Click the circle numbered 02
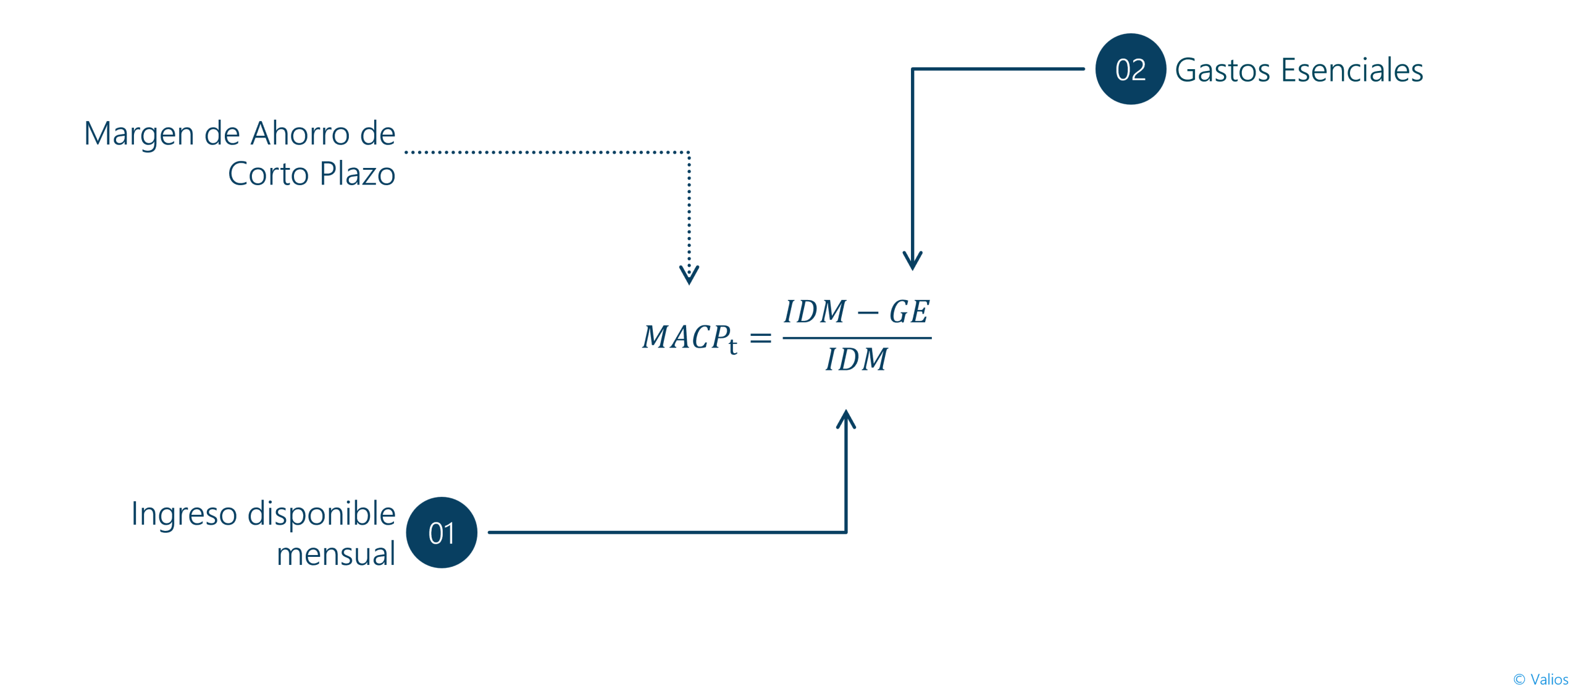point(1130,69)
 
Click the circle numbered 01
point(442,532)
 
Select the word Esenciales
point(1352,69)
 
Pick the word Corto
point(269,173)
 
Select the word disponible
point(321,514)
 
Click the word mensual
point(336,554)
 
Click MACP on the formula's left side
point(686,337)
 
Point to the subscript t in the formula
point(733,346)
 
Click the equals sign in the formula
point(761,338)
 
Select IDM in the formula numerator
point(815,311)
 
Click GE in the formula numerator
point(909,311)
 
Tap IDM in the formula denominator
point(857,359)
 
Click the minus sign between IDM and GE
point(868,313)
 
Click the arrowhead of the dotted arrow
point(689,275)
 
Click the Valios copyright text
point(1541,679)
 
